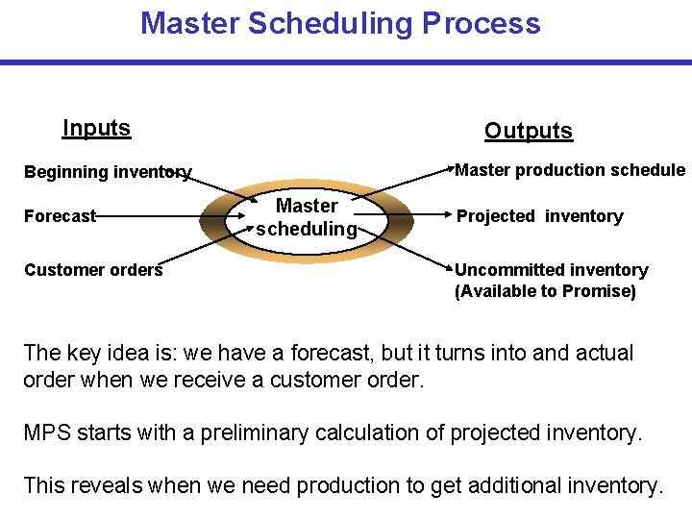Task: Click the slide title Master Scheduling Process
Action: click(x=340, y=23)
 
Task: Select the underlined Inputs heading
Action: click(x=96, y=128)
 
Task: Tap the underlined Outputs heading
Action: click(x=528, y=132)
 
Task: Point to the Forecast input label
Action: click(x=60, y=216)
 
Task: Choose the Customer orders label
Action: click(x=93, y=270)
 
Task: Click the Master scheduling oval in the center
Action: click(x=307, y=217)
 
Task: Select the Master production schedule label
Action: click(x=569, y=170)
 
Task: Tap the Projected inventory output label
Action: click(x=539, y=216)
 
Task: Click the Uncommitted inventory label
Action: click(x=551, y=270)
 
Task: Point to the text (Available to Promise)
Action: click(x=545, y=291)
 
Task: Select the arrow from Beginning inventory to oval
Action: click(x=216, y=186)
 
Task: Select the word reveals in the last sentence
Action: click(x=105, y=485)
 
